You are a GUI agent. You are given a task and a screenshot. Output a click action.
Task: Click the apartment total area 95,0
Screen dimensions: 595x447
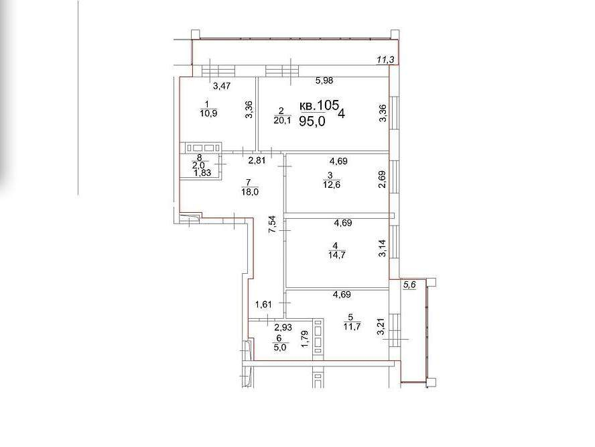(x=312, y=121)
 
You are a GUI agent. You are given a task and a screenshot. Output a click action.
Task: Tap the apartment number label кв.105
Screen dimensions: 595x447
(x=319, y=105)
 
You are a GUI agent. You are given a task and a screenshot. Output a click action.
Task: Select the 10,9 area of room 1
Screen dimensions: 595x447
(x=208, y=113)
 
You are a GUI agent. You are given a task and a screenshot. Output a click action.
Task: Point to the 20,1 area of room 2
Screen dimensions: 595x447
(x=282, y=121)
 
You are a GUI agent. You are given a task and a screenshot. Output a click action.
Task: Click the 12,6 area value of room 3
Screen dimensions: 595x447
(x=331, y=185)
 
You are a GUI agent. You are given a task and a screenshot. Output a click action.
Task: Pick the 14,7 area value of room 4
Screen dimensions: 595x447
(x=336, y=255)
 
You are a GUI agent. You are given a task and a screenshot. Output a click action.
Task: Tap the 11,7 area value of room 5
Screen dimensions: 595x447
(x=352, y=326)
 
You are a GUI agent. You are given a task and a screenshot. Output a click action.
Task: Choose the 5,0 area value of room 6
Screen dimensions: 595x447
(x=279, y=348)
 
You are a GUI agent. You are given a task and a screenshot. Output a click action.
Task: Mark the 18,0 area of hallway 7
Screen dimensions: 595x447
(x=250, y=193)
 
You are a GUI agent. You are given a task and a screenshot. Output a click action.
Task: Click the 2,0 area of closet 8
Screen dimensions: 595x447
(x=198, y=166)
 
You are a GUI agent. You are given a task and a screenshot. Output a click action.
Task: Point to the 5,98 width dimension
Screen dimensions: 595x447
(x=324, y=81)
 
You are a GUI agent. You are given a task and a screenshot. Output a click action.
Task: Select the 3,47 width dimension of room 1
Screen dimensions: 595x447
(x=222, y=87)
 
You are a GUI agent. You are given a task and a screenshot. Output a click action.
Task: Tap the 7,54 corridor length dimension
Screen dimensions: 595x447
(x=273, y=225)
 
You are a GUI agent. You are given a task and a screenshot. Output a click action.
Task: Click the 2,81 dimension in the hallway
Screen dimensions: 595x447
(x=257, y=160)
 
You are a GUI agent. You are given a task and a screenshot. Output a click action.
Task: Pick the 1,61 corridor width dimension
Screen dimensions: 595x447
(x=264, y=305)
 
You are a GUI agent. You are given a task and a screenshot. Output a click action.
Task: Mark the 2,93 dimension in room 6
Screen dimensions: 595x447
(x=283, y=328)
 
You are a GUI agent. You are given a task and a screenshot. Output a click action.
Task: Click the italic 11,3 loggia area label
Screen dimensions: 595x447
(x=385, y=59)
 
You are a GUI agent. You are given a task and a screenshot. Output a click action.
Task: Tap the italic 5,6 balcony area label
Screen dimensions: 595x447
(x=409, y=285)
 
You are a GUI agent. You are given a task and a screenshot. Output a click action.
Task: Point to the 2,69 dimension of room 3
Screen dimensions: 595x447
(x=382, y=179)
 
